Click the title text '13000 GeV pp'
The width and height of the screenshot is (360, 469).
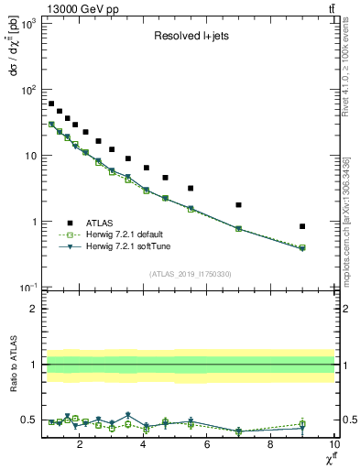[74, 9]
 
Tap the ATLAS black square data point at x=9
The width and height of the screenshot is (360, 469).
[302, 226]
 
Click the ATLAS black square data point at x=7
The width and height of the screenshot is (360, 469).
[238, 205]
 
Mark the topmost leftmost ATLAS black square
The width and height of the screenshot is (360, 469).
[51, 104]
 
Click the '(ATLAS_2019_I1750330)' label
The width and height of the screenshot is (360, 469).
[189, 274]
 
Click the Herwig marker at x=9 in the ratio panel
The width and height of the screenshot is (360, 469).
[302, 424]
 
